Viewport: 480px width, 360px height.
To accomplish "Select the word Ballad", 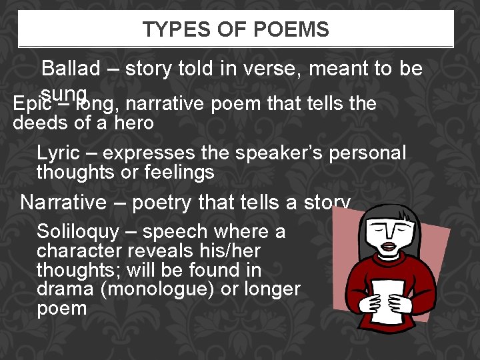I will click(71, 69).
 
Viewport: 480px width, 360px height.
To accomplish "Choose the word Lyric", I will click(58, 153).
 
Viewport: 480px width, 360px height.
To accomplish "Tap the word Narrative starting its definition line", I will click(63, 203).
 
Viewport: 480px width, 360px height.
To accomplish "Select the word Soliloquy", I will click(78, 232).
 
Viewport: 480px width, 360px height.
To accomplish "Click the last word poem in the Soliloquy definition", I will click(61, 309).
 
